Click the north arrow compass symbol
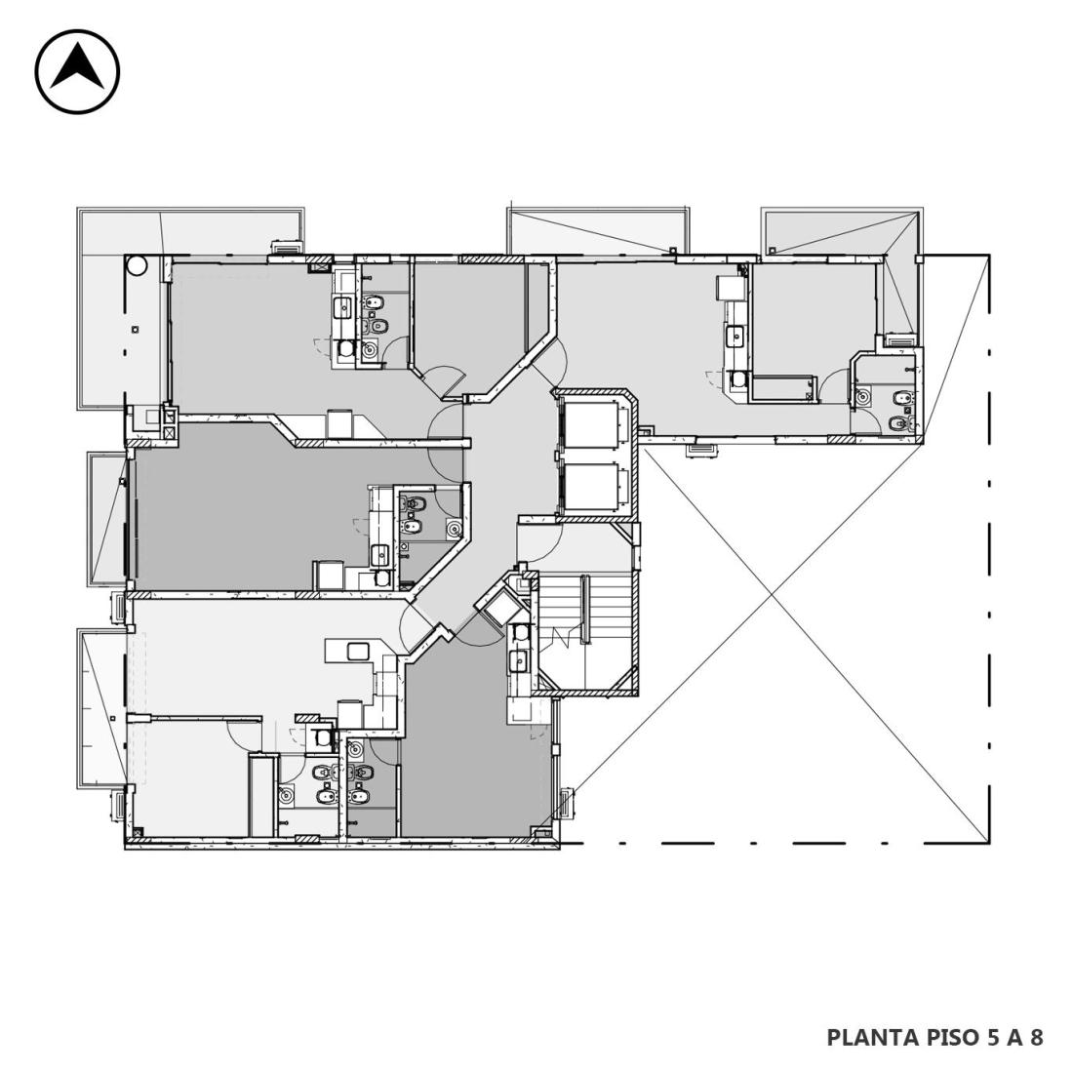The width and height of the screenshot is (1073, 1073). pos(77,71)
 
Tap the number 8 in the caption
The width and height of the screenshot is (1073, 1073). pos(1036,1037)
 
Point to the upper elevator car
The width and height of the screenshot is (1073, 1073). pos(589,425)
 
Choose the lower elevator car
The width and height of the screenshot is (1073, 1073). pos(589,487)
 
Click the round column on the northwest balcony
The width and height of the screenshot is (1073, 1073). pos(136,265)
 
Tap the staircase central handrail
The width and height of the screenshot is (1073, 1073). pos(585,609)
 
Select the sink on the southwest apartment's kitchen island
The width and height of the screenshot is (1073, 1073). pos(358,651)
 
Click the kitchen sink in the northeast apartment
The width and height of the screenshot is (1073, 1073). pos(735,336)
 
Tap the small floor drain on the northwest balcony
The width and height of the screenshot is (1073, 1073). pos(136,329)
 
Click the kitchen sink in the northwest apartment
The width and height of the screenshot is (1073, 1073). pos(340,307)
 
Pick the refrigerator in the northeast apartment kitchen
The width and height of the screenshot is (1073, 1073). pos(730,288)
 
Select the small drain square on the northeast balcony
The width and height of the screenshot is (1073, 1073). pos(772,251)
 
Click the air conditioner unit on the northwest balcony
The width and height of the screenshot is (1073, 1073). pos(286,247)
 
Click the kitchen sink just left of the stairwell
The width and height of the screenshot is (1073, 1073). pos(518,661)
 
